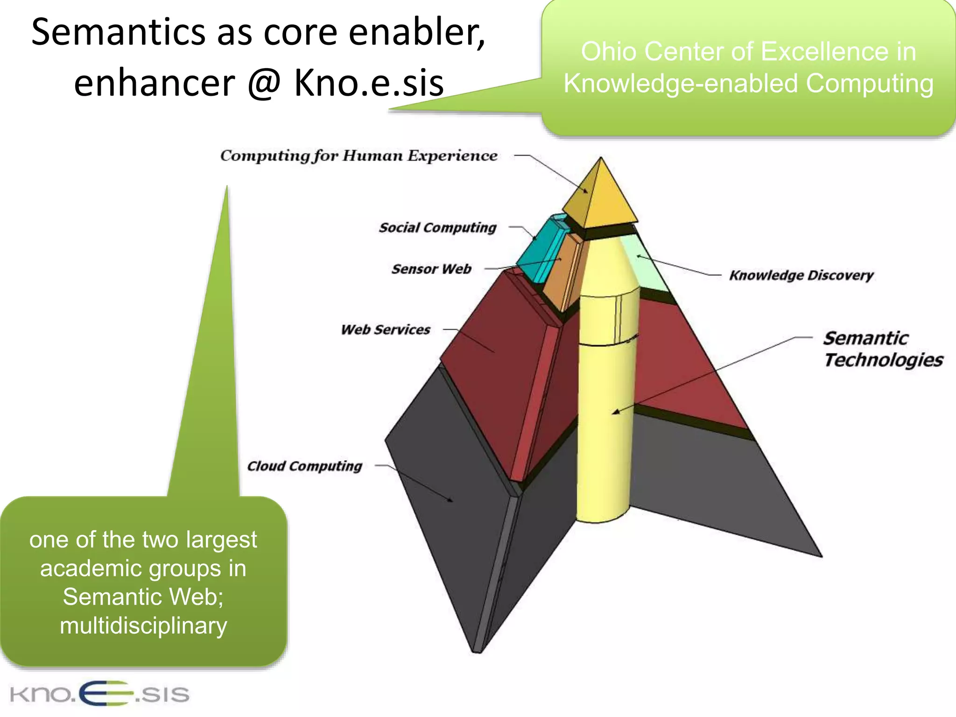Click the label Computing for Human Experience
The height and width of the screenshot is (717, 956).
pyautogui.click(x=358, y=156)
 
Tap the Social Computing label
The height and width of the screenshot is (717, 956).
pyautogui.click(x=437, y=228)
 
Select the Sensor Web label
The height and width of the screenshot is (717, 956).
pyautogui.click(x=431, y=269)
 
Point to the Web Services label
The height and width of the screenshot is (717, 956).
pyautogui.click(x=385, y=330)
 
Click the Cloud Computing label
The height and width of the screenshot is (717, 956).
pyautogui.click(x=304, y=466)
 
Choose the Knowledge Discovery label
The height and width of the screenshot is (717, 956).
pyautogui.click(x=801, y=275)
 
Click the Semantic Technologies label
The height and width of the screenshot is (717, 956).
pyautogui.click(x=882, y=349)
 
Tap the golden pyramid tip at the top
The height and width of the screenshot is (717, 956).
pyautogui.click(x=602, y=196)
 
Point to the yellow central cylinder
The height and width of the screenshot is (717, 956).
pyautogui.click(x=605, y=420)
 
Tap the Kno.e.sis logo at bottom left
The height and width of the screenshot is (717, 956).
pyautogui.click(x=99, y=694)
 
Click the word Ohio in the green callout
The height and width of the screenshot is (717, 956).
pyautogui.click(x=609, y=51)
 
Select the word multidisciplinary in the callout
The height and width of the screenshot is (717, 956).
pyautogui.click(x=143, y=626)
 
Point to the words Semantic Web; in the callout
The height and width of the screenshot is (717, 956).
pyautogui.click(x=143, y=597)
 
